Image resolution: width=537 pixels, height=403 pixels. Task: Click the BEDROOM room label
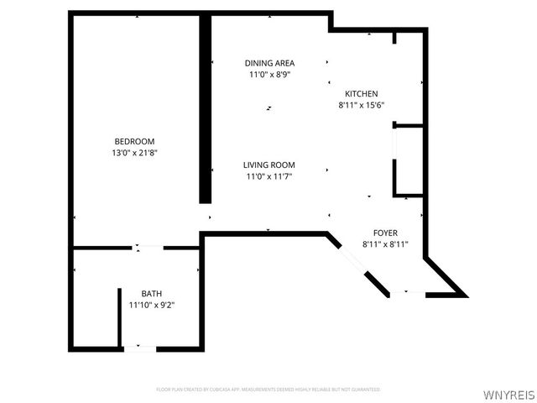coord(134,141)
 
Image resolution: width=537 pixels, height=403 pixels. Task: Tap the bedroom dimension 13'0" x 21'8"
coord(134,153)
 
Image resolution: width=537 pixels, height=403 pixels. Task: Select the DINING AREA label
coord(269,63)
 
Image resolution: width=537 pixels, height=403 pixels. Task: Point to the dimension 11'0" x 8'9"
coord(269,75)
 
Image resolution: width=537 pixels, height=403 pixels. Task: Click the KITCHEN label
coord(361,94)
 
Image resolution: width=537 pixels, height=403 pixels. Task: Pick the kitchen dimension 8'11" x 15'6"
coord(361,105)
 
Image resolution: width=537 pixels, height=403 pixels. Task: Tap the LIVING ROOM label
coord(269,165)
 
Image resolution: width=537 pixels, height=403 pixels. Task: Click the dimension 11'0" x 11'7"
coord(269,176)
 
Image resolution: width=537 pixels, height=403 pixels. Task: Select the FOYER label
coord(385,233)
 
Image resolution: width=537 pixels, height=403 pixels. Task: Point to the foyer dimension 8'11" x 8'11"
coord(385,244)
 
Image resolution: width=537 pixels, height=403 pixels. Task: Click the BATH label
coord(151,293)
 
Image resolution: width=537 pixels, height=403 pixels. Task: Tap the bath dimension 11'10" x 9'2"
coord(151,305)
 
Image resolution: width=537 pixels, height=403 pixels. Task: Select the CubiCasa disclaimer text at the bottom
coord(268,390)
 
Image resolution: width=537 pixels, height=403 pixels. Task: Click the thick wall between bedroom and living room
coord(204,109)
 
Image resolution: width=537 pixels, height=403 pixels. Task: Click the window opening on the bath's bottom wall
coord(139,348)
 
